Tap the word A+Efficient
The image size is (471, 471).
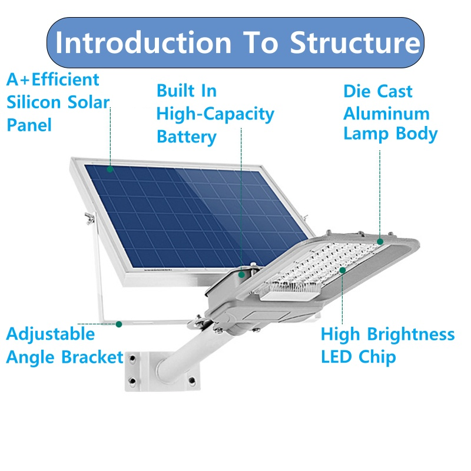pyautogui.click(x=53, y=79)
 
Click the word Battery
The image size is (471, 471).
pyautogui.click(x=186, y=137)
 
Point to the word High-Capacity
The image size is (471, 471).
pyautogui.click(x=215, y=114)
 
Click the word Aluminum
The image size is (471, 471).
pyautogui.click(x=386, y=113)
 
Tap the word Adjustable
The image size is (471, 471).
pyautogui.click(x=50, y=334)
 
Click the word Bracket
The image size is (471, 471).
pyautogui.click(x=94, y=357)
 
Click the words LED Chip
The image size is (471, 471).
pyautogui.click(x=358, y=357)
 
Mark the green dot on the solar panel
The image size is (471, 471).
pyautogui.click(x=110, y=169)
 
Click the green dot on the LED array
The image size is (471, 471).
pyautogui.click(x=343, y=270)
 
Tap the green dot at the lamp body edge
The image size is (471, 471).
pyautogui.click(x=380, y=241)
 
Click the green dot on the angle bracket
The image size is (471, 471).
pyautogui.click(x=119, y=323)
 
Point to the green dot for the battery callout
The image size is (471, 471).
pyautogui.click(x=241, y=273)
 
